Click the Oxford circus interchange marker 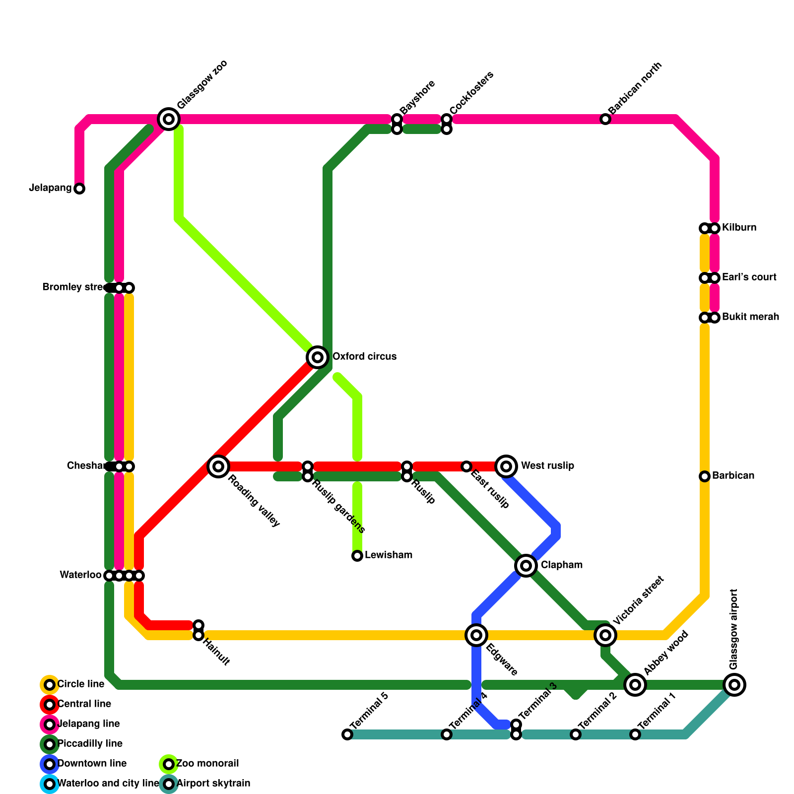pos(318,357)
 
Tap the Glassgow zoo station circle pos(169,119)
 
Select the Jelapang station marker pos(79,189)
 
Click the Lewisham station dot pos(357,556)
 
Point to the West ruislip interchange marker pos(506,466)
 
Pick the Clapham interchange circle pos(526,565)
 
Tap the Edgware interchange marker pos(476,635)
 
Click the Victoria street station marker pos(605,635)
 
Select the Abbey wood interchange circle pos(635,685)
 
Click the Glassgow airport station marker pos(734,685)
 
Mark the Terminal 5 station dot pos(347,734)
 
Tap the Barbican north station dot pos(605,119)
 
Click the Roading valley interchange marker pos(218,466)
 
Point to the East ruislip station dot pos(466,466)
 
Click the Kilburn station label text pos(739,228)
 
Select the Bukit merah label pos(750,317)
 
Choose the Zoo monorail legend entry pos(207,764)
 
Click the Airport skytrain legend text pos(213,784)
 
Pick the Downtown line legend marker pos(50,764)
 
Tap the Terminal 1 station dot pos(635,734)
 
